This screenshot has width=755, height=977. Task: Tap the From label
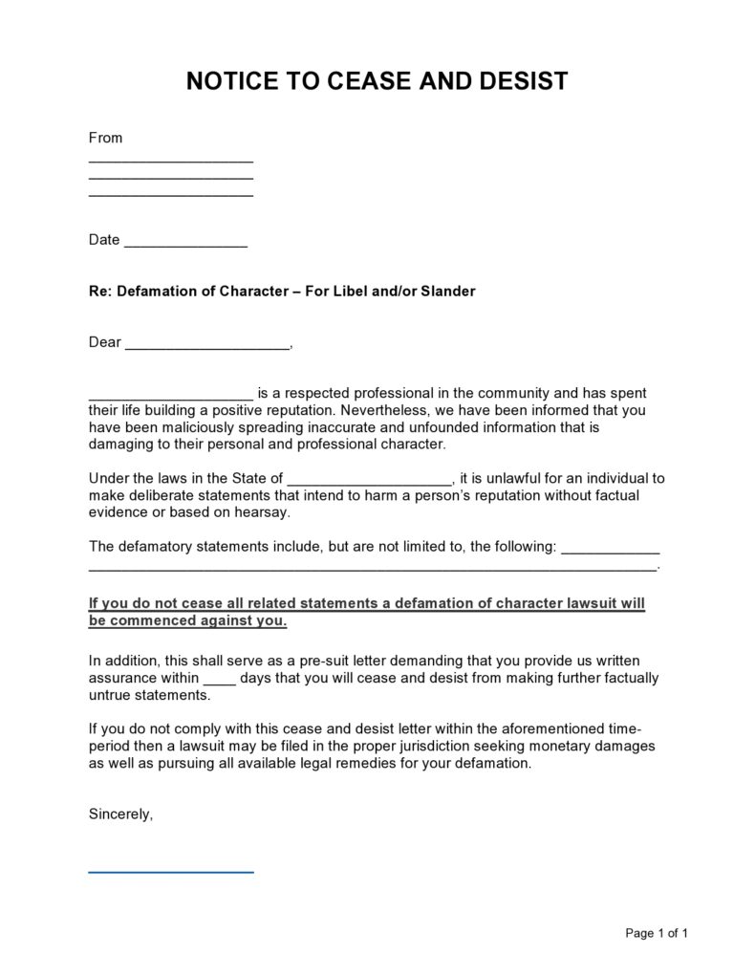[x=105, y=138]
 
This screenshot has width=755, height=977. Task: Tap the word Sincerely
[x=120, y=814]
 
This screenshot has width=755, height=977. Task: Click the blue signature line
[x=171, y=871]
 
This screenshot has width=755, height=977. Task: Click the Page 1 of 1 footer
[x=657, y=933]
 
